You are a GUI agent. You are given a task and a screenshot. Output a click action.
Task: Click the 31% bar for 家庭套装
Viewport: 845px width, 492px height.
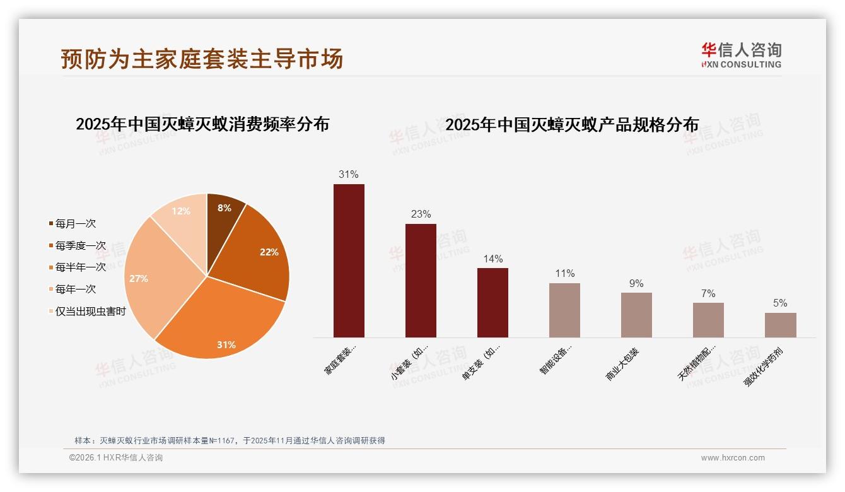(x=349, y=261)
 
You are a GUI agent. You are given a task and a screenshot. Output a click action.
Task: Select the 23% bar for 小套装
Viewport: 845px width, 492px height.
(x=421, y=281)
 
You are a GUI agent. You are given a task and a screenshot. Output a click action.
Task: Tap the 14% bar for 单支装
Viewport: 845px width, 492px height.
(x=492, y=303)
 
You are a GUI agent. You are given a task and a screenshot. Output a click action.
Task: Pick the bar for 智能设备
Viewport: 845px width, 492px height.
(x=564, y=310)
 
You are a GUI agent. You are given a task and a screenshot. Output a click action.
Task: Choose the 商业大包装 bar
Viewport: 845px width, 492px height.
(x=636, y=315)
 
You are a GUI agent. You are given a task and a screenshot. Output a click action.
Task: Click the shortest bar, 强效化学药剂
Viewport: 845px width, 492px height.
(x=780, y=325)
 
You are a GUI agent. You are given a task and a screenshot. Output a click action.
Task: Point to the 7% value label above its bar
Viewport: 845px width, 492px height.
(x=708, y=293)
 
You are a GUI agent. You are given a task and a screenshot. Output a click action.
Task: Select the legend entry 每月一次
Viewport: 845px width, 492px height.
(x=75, y=224)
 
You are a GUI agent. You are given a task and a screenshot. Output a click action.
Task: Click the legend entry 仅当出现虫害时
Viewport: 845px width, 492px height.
(x=90, y=312)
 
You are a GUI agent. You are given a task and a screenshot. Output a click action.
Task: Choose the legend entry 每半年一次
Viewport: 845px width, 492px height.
(x=80, y=267)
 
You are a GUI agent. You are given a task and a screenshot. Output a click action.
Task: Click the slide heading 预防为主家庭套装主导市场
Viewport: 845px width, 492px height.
(x=202, y=59)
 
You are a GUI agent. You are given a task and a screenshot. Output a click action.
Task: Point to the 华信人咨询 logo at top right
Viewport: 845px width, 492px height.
(x=741, y=55)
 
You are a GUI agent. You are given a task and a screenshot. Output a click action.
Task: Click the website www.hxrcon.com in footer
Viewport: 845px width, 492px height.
(x=733, y=458)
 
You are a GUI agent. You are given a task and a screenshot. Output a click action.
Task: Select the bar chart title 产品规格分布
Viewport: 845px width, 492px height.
(x=572, y=125)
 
